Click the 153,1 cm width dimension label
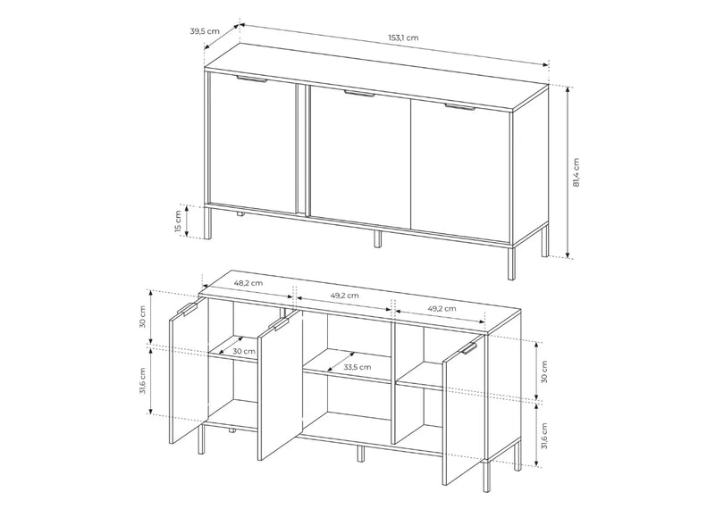tap(403, 38)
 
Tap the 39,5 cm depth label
tap(205, 31)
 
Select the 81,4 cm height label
tap(576, 172)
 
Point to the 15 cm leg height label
tap(178, 221)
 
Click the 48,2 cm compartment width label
tap(248, 282)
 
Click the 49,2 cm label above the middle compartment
tap(344, 296)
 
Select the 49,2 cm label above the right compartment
tap(442, 308)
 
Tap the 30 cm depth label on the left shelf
tap(243, 351)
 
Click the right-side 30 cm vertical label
tap(543, 371)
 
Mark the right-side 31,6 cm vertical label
tap(543, 436)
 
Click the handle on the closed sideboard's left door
tap(251, 80)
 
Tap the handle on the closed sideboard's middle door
tap(359, 94)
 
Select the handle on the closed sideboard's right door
tap(460, 107)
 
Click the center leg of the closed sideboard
tap(377, 238)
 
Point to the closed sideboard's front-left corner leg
tap(208, 223)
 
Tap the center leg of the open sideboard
tap(360, 454)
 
